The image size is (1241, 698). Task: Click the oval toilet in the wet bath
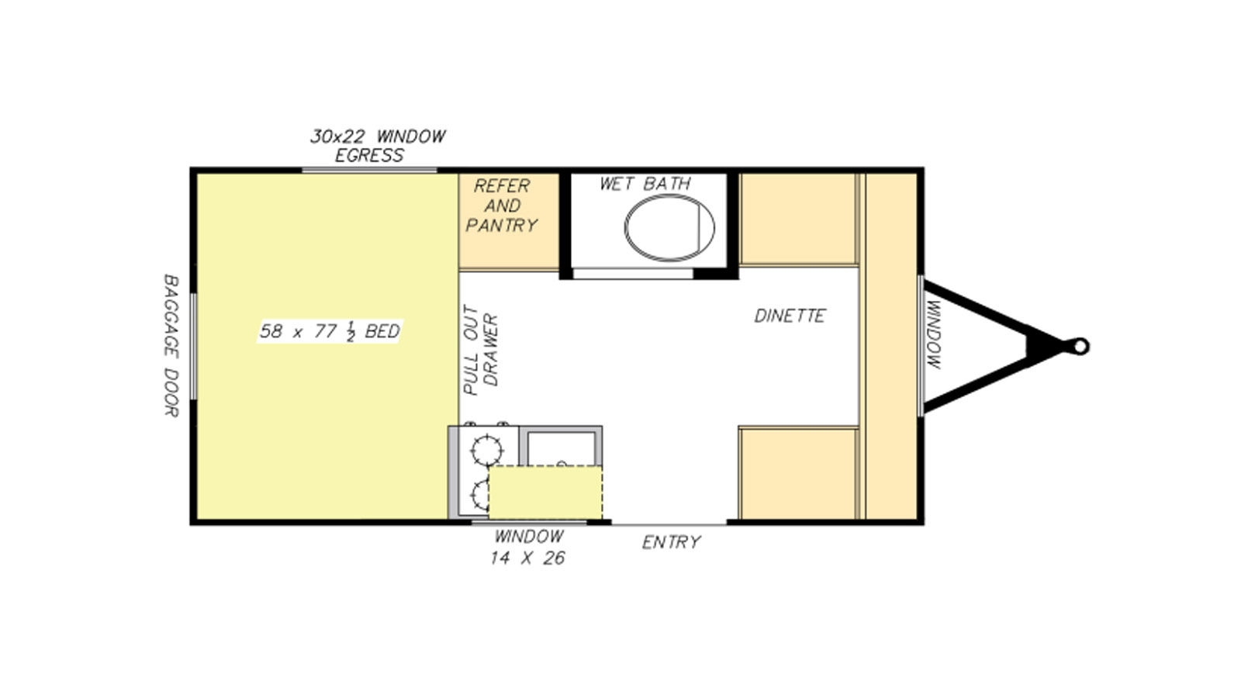(x=669, y=228)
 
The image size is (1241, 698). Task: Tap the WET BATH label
(x=645, y=184)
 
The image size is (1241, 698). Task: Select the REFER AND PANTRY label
(x=502, y=206)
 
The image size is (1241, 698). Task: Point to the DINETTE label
(x=790, y=316)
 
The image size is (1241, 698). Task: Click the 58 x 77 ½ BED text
(x=330, y=331)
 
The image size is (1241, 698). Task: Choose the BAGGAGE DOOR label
(x=171, y=345)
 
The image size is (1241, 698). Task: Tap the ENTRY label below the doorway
(x=672, y=542)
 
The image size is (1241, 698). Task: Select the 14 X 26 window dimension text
(x=527, y=558)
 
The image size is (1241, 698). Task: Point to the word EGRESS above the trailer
(x=369, y=156)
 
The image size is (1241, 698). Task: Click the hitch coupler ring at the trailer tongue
(x=1080, y=347)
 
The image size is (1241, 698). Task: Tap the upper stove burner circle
(x=487, y=451)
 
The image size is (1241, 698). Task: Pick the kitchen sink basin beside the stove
(x=562, y=449)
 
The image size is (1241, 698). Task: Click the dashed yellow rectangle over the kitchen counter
(x=545, y=492)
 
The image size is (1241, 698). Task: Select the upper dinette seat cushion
(x=798, y=219)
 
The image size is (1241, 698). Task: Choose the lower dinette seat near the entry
(x=798, y=474)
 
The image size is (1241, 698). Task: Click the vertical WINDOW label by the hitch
(x=933, y=334)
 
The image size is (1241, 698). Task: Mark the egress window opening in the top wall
(x=369, y=170)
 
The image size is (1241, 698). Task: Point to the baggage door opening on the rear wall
(x=193, y=346)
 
